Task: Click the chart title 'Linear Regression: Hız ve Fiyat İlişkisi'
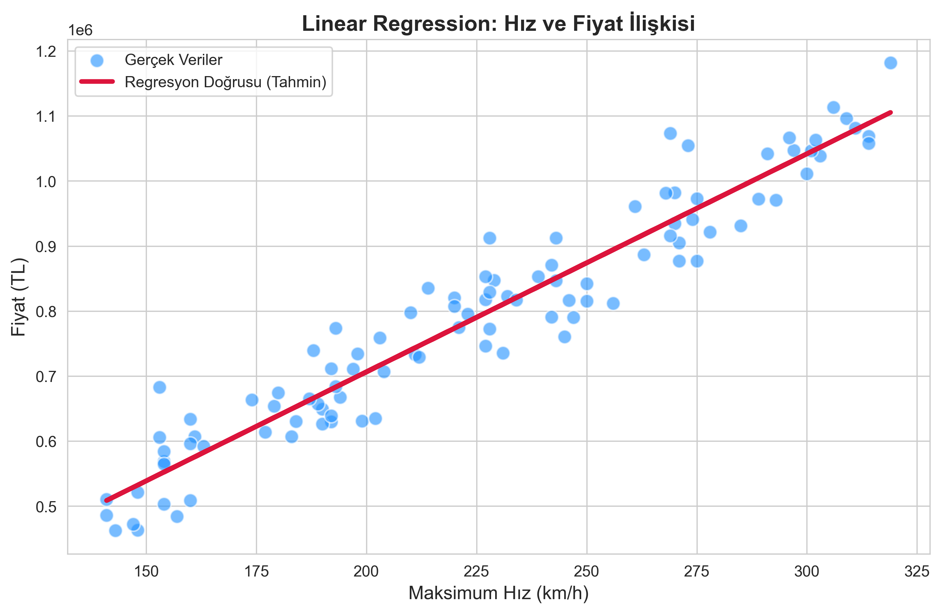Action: pyautogui.click(x=498, y=23)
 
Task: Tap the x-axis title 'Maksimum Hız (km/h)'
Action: pyautogui.click(x=498, y=593)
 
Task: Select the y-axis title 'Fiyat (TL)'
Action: pyautogui.click(x=19, y=297)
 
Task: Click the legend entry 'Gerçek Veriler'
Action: pyautogui.click(x=173, y=60)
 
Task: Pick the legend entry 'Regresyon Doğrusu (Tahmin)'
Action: pyautogui.click(x=226, y=82)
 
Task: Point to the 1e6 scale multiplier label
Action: pyautogui.click(x=80, y=30)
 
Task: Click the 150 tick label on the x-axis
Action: pyautogui.click(x=146, y=571)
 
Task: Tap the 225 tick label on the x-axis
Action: pyautogui.click(x=476, y=571)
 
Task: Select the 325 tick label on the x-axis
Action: pyautogui.click(x=917, y=571)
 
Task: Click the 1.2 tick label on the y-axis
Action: pyautogui.click(x=46, y=52)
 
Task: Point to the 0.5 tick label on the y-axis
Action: pyautogui.click(x=46, y=507)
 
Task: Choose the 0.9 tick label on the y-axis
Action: pyautogui.click(x=46, y=247)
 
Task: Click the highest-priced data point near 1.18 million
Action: pyautogui.click(x=891, y=63)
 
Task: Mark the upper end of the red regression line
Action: pyautogui.click(x=891, y=113)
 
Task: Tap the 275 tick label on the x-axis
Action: pyautogui.click(x=697, y=571)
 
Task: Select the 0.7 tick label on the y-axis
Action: pyautogui.click(x=46, y=377)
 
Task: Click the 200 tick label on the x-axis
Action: pyautogui.click(x=366, y=571)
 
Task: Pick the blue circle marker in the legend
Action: pyautogui.click(x=97, y=61)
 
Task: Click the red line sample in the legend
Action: pyautogui.click(x=97, y=82)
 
